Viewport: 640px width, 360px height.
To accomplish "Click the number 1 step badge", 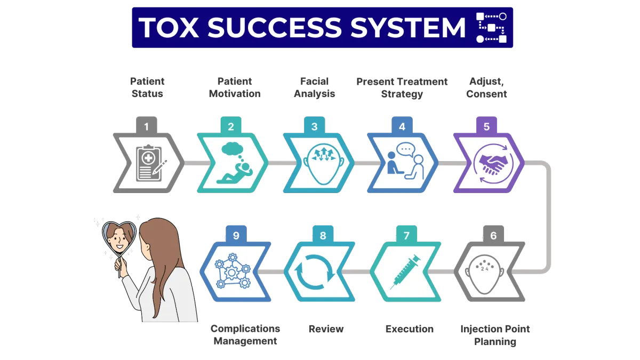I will point(147,127).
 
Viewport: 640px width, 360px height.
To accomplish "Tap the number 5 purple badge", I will point(486,127).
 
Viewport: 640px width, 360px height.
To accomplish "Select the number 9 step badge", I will point(236,235).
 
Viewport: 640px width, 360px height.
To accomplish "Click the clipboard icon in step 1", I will point(150,164).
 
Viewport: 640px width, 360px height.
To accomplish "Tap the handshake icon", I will point(490,163).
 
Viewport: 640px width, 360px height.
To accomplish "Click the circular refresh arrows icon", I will point(319,271).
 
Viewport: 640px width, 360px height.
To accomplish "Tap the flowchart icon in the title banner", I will point(491,28).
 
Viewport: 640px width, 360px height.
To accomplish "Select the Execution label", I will point(410,329).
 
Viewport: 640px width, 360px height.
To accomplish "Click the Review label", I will point(326,329).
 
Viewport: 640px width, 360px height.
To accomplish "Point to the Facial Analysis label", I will point(315,87).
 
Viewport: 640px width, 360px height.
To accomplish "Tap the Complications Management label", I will point(245,335).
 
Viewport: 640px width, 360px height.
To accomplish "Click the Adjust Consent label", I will point(486,87).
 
